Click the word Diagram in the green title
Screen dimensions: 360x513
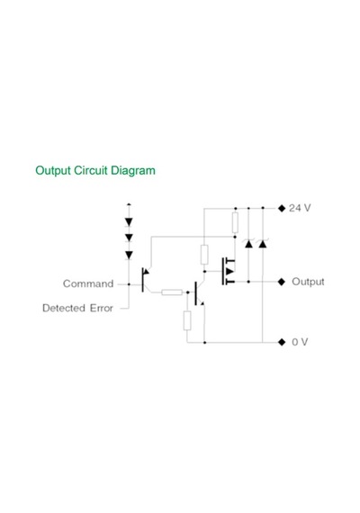click(x=133, y=171)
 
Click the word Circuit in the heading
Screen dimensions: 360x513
click(x=91, y=170)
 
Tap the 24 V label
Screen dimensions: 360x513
click(x=300, y=208)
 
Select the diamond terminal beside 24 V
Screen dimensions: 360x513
click(x=282, y=208)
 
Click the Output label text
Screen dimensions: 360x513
click(x=308, y=282)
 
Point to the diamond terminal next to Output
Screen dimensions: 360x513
click(x=282, y=282)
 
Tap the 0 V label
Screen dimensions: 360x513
click(x=300, y=342)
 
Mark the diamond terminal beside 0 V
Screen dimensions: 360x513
click(x=282, y=342)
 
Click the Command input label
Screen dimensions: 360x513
click(x=88, y=283)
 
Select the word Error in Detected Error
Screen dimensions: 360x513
click(x=102, y=308)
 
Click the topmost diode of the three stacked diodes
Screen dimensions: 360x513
click(x=129, y=222)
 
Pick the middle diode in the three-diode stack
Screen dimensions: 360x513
click(x=129, y=238)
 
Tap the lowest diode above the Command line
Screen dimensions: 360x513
click(x=129, y=256)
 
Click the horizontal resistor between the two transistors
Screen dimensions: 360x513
click(x=172, y=292)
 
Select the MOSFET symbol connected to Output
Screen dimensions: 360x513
click(x=229, y=271)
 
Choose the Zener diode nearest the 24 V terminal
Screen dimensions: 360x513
click(x=263, y=243)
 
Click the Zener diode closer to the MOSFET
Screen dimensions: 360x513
click(x=248, y=243)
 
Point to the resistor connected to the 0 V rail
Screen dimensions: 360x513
click(x=187, y=320)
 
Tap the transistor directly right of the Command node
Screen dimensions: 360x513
click(x=146, y=280)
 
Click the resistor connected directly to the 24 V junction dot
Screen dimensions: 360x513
click(x=235, y=222)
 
